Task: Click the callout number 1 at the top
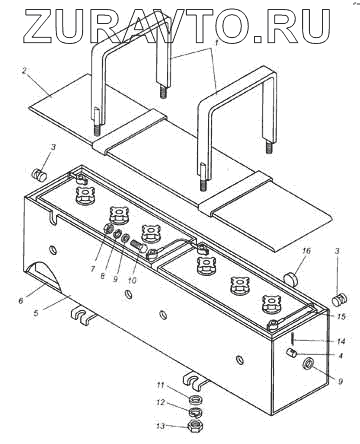(216, 43)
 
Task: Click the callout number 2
(24, 71)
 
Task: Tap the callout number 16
(306, 251)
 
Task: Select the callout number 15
(340, 316)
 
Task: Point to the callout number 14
(340, 341)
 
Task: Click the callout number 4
(340, 356)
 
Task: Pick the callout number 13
(161, 426)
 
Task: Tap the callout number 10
(132, 280)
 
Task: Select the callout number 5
(36, 313)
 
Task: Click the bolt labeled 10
(139, 247)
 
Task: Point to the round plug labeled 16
(292, 278)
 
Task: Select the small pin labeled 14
(292, 339)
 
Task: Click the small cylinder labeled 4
(292, 353)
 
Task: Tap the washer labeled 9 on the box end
(307, 363)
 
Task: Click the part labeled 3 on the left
(40, 174)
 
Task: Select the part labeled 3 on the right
(340, 300)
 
